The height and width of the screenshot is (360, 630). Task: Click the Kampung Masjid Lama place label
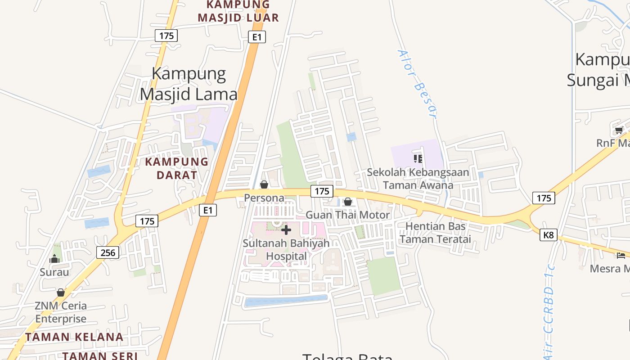[189, 84]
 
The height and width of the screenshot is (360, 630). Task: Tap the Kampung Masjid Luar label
[238, 12]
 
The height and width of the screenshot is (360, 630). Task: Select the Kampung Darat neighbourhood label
[177, 168]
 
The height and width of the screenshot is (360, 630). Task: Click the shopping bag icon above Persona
[264, 184]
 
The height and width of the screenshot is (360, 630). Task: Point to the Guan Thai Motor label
[348, 215]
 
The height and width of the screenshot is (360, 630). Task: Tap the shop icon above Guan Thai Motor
[348, 202]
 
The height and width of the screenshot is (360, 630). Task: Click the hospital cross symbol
[286, 230]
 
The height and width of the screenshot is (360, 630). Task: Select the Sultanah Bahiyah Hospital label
[286, 249]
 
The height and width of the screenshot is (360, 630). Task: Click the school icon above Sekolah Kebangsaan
[418, 158]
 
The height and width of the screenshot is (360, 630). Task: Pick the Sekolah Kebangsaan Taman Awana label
[418, 179]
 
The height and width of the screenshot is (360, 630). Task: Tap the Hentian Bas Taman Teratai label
[435, 233]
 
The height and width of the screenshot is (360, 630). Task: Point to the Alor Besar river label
[417, 84]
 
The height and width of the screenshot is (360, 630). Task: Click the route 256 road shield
[108, 252]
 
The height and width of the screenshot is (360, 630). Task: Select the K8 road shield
[549, 234]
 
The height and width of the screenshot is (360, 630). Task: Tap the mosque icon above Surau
[55, 259]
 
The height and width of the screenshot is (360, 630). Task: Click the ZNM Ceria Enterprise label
[61, 312]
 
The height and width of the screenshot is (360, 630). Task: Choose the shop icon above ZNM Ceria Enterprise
[61, 292]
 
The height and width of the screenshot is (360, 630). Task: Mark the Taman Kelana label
[74, 337]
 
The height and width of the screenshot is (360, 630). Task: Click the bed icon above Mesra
[621, 256]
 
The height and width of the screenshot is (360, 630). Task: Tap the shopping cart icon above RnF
[619, 130]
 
